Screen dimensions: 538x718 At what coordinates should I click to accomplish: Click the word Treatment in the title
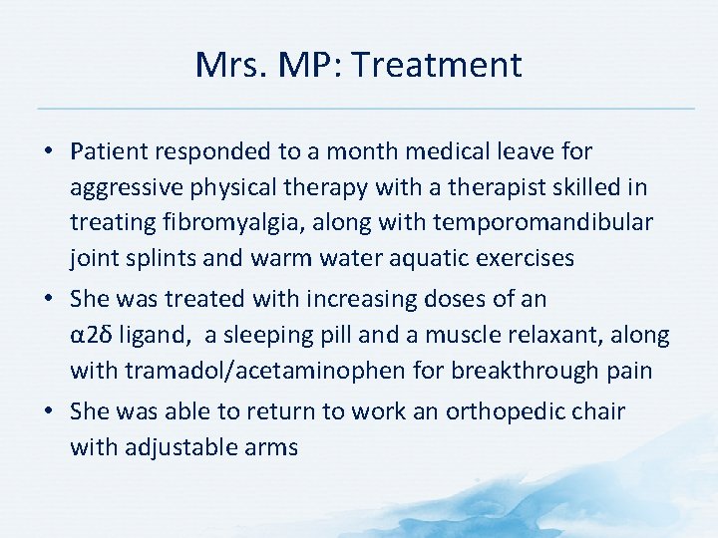[x=437, y=65]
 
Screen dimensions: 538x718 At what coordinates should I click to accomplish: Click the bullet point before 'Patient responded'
[x=49, y=152]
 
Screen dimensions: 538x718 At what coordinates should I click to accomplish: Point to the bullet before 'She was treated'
[x=49, y=299]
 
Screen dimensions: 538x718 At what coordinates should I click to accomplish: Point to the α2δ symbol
[x=92, y=336]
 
